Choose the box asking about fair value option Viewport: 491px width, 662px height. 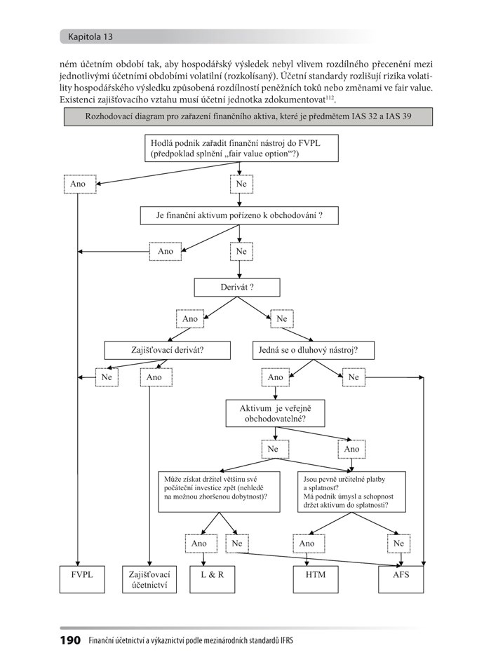tap(241, 148)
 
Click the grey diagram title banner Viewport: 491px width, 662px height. tap(248, 116)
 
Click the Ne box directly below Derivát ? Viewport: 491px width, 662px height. tap(282, 319)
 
